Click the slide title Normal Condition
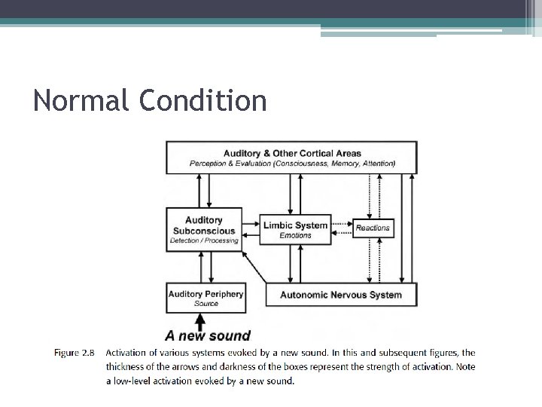pos(150,100)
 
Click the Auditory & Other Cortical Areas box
pos(292,158)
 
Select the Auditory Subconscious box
pos(204,230)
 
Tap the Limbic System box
pos(295,230)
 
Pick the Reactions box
pos(373,228)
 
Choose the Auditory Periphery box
pos(206,298)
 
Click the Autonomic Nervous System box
pos(341,295)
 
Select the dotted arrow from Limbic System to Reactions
pos(342,225)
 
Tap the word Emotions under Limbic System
pos(295,236)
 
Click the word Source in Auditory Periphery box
pos(206,304)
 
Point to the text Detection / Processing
pos(204,241)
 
